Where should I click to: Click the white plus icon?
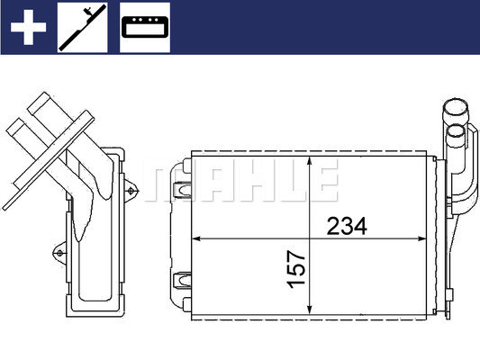click(28, 28)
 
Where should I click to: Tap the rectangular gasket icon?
click(145, 28)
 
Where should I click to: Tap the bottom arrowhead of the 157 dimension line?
click(311, 311)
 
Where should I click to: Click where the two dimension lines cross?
click(311, 238)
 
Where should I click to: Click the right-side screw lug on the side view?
click(133, 190)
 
